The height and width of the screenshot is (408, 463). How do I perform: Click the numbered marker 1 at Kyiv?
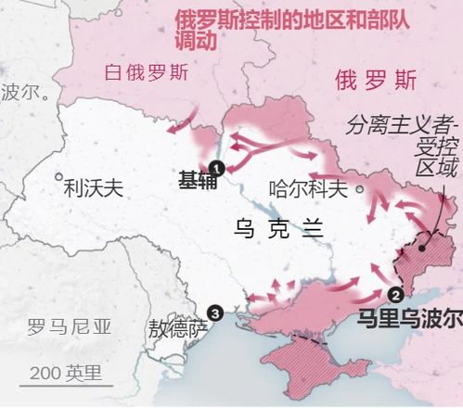218,168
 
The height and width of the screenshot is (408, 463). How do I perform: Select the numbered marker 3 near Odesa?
215,313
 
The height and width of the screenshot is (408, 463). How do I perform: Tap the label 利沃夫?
93,190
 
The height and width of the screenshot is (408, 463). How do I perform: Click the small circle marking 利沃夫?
58,175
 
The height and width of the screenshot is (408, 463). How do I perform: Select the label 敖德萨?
177,328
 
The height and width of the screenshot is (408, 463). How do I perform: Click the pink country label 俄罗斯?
379,82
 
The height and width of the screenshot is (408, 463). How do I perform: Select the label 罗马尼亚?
69,326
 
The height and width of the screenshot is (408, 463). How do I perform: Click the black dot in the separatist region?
423,249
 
